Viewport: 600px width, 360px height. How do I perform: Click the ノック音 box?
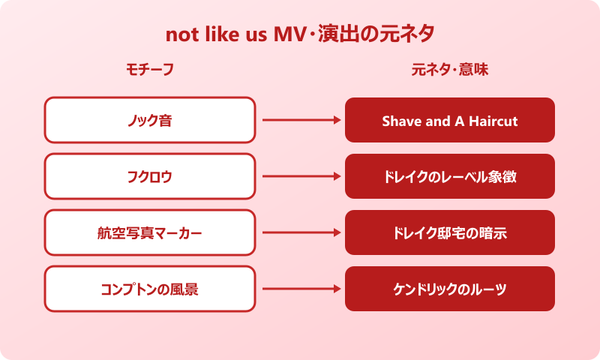tap(149, 120)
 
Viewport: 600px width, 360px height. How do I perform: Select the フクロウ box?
tap(149, 176)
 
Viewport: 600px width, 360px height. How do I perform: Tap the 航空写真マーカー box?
tap(149, 232)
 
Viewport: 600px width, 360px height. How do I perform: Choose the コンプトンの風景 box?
tap(149, 289)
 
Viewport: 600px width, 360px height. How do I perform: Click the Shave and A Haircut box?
tap(450, 120)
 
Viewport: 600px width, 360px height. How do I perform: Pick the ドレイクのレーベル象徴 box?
tap(450, 176)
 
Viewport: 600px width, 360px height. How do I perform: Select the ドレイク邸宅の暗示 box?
tap(450, 232)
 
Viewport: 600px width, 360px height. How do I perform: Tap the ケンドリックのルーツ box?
tap(450, 289)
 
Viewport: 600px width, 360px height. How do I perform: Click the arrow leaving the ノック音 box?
tap(300, 120)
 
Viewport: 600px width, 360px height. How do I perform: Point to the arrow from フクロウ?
tap(300, 176)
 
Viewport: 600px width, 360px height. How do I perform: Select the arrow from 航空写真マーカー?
tap(300, 232)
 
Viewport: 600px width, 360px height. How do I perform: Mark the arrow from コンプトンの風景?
tap(300, 289)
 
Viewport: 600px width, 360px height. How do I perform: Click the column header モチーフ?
tap(149, 70)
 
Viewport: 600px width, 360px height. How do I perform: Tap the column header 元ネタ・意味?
tap(450, 70)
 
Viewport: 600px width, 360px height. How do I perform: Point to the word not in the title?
tap(181, 35)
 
